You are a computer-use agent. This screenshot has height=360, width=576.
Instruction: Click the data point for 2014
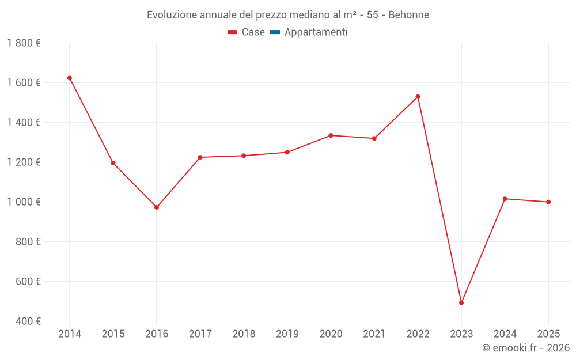(70, 78)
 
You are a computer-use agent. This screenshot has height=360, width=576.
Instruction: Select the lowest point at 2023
(461, 302)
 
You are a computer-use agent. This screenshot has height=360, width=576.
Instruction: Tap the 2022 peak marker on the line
(418, 97)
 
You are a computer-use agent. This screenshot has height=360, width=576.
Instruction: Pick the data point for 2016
(157, 207)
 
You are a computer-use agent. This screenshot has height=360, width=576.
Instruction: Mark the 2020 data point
(331, 135)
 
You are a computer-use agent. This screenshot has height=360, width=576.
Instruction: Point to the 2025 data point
(548, 202)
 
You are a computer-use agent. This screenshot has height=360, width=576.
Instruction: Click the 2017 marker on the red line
(200, 157)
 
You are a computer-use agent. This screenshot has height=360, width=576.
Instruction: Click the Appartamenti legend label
(316, 32)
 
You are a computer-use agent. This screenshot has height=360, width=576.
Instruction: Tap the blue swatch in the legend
(275, 32)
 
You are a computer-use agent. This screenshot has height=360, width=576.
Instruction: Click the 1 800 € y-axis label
(24, 43)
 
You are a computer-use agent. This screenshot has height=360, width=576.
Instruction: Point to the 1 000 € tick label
(24, 202)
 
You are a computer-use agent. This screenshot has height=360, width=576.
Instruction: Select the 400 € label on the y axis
(27, 321)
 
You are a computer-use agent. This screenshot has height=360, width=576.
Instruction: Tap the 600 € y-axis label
(27, 282)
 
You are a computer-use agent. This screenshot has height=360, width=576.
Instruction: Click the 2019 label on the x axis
(287, 334)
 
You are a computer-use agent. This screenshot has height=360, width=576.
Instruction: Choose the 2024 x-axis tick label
(505, 334)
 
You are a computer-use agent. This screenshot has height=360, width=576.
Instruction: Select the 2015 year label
(113, 334)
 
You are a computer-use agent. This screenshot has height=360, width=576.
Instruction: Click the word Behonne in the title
(408, 15)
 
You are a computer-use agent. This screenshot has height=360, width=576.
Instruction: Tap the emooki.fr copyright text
(525, 348)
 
